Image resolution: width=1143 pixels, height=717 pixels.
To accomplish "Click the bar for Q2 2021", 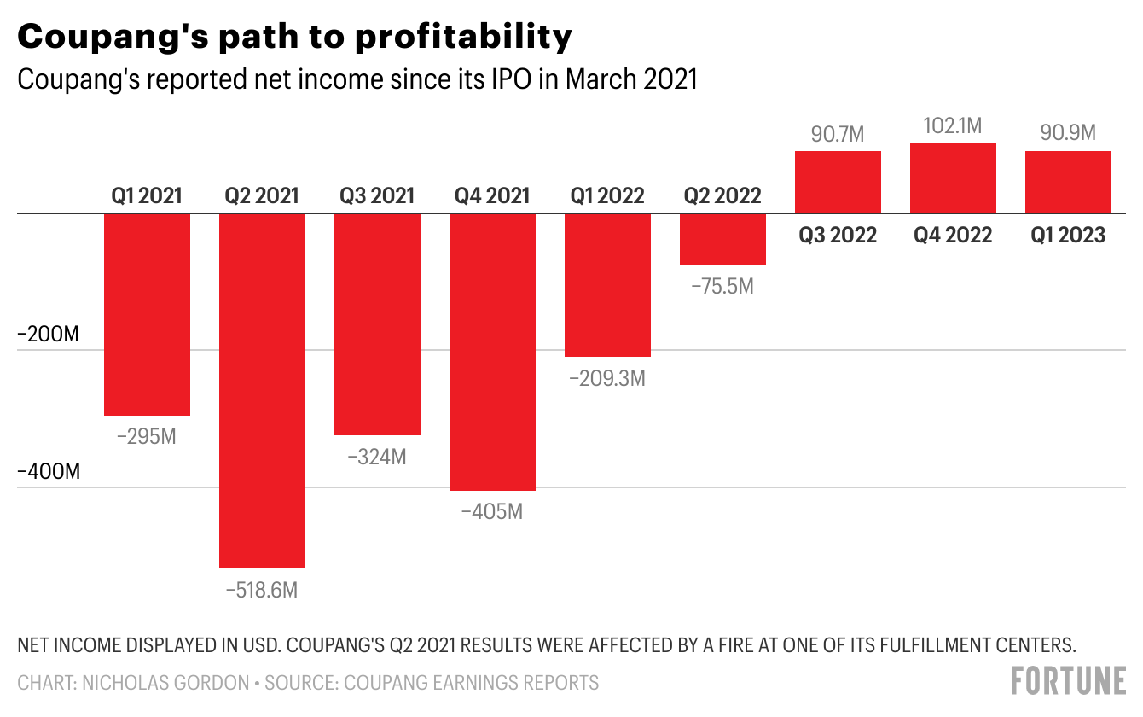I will [x=263, y=390].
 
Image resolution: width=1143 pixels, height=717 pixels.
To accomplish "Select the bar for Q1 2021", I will [x=147, y=314].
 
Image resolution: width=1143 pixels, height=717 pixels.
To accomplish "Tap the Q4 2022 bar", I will [x=953, y=178].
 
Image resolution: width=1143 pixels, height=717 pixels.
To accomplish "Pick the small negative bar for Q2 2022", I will [x=722, y=239].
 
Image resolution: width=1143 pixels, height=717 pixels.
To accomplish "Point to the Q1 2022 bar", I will [x=607, y=284].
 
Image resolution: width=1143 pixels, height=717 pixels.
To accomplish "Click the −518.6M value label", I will [x=262, y=590].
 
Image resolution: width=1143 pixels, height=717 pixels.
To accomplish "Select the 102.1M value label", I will [x=953, y=126].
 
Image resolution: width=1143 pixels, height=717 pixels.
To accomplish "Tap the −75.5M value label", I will [x=722, y=286].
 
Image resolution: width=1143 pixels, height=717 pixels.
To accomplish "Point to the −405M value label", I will [x=492, y=512].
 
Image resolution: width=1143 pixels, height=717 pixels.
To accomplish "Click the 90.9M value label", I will [x=1068, y=134].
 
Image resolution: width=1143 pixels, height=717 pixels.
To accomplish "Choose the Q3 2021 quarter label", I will [x=377, y=195].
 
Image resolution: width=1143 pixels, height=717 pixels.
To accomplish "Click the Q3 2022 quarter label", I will [x=838, y=236].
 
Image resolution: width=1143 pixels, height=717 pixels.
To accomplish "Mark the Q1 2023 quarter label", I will [x=1068, y=236].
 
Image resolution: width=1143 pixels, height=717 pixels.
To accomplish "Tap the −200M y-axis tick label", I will [x=49, y=334].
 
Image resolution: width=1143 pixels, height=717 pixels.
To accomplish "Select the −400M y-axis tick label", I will [x=49, y=471].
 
